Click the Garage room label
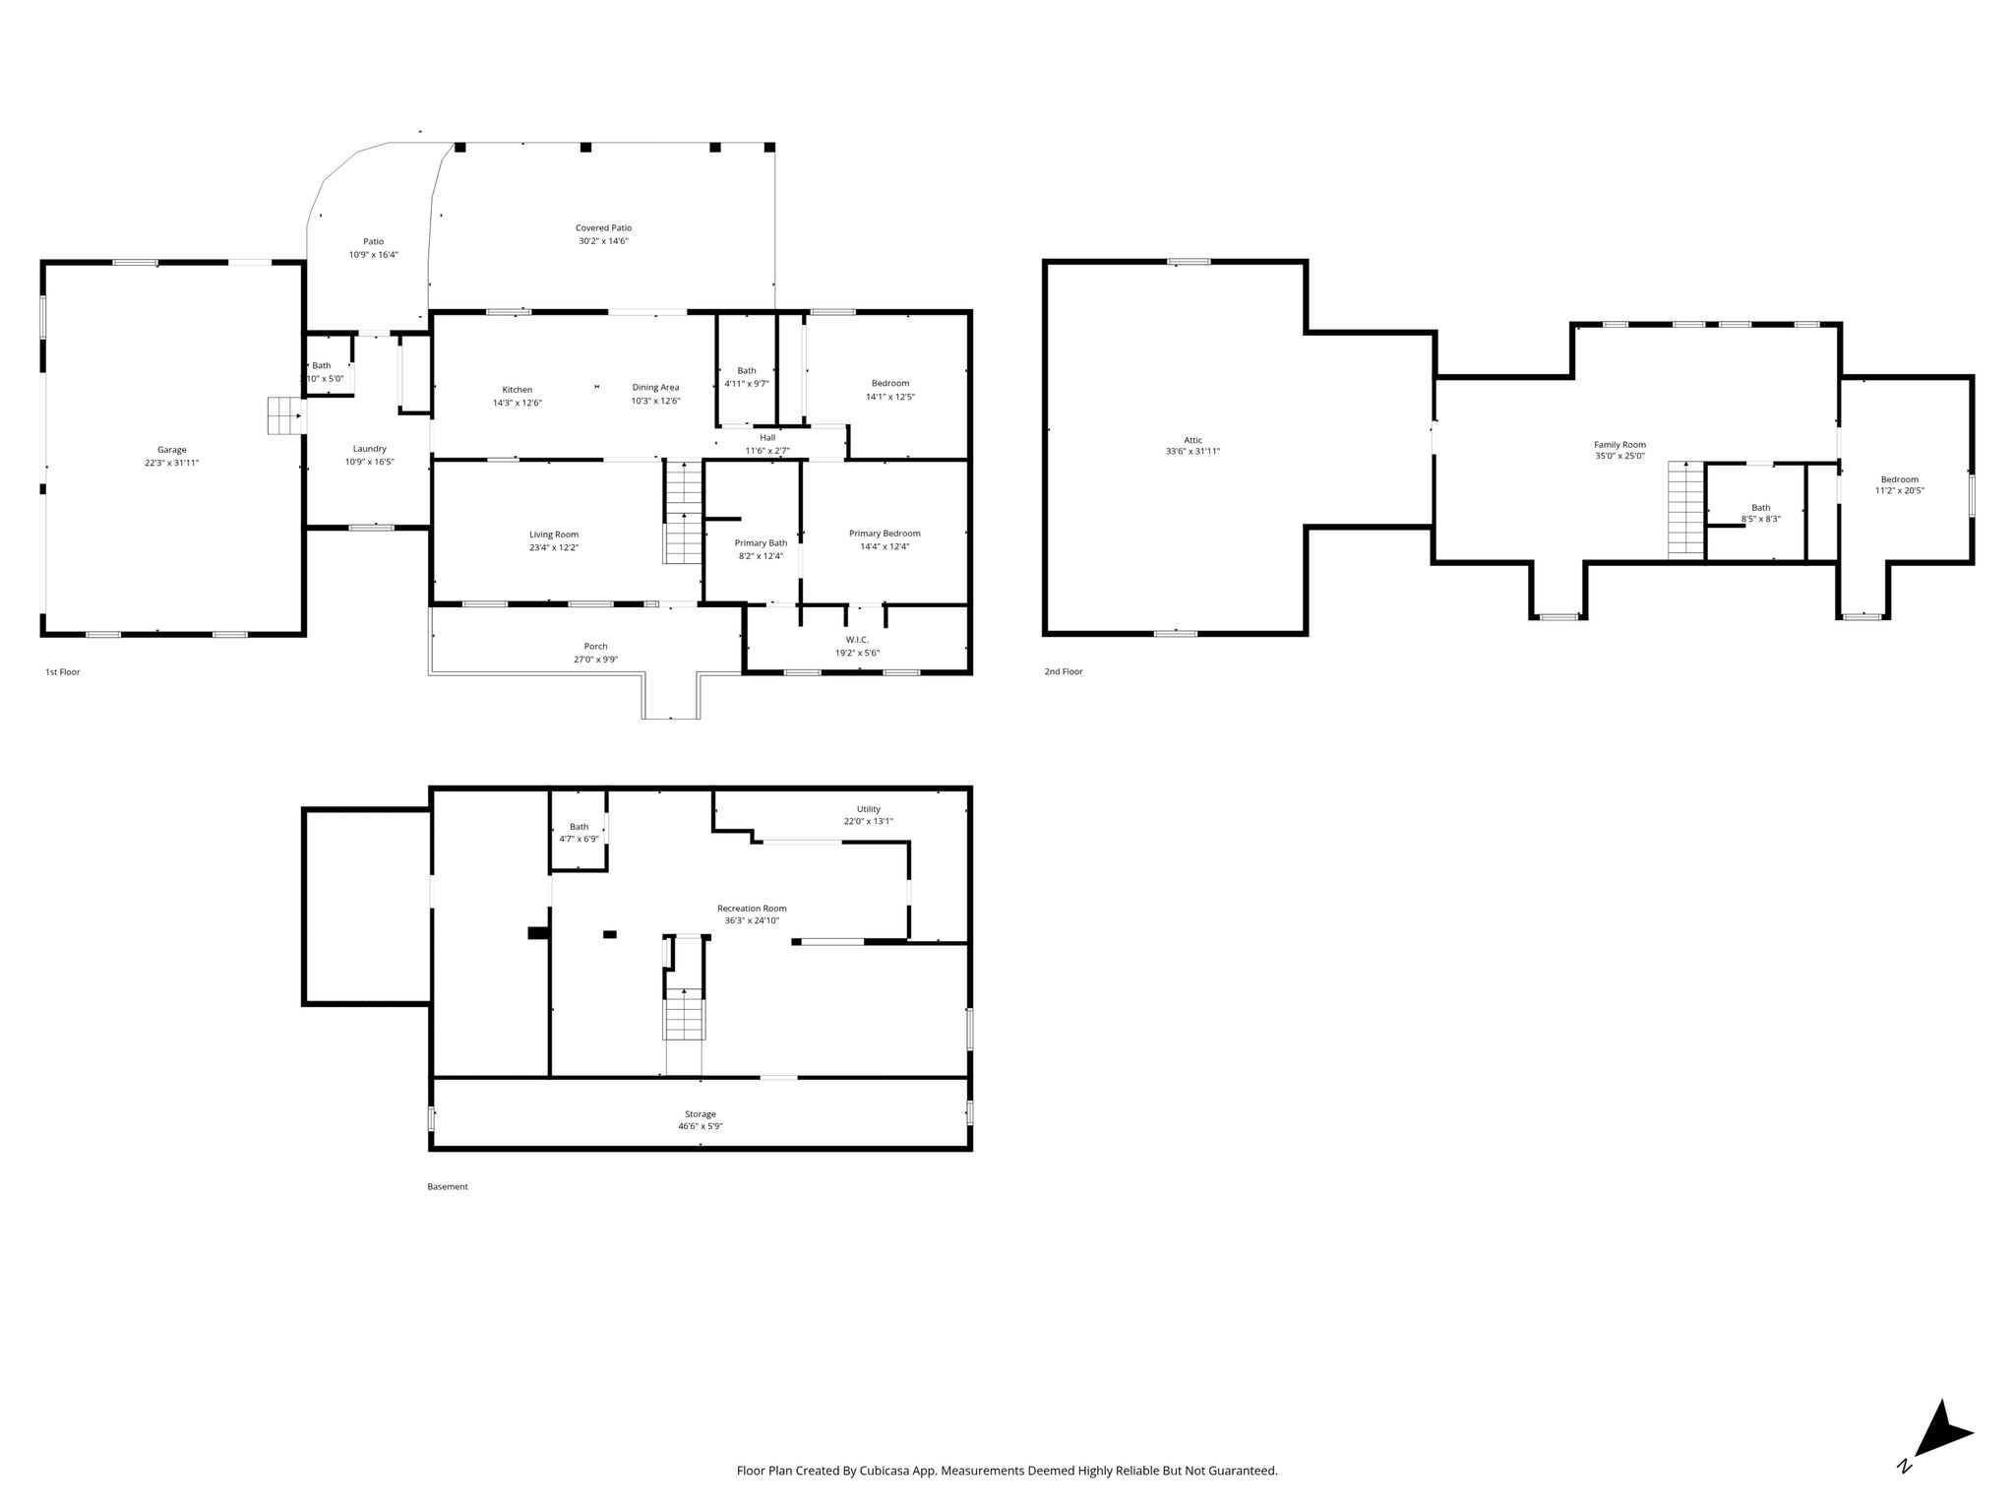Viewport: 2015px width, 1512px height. [x=171, y=450]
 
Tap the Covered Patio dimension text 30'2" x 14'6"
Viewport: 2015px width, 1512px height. [x=603, y=240]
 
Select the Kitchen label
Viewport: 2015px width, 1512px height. [x=518, y=390]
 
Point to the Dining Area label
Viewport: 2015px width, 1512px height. [x=655, y=388]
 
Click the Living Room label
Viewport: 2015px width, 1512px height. [x=554, y=535]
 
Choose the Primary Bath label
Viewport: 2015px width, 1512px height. [x=761, y=543]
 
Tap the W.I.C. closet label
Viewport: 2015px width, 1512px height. [x=857, y=640]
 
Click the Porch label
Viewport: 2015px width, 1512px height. [x=595, y=647]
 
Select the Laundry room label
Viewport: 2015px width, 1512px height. [x=370, y=449]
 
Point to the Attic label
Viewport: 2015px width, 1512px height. [x=1192, y=440]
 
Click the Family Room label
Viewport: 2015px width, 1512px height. [x=1619, y=445]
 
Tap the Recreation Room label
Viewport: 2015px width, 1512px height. [x=752, y=909]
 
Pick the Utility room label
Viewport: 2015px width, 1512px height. [x=869, y=809]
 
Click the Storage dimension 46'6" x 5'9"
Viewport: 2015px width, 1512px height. [x=701, y=1126]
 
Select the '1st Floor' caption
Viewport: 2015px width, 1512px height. [x=63, y=672]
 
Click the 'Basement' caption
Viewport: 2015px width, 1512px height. [x=448, y=1187]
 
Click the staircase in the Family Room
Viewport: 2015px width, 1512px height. [x=1685, y=509]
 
